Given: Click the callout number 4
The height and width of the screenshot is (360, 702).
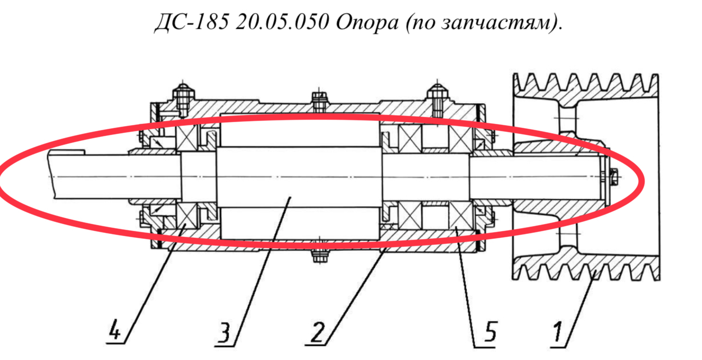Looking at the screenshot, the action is [115, 329].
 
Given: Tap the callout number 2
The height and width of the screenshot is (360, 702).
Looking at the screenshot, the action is [317, 331].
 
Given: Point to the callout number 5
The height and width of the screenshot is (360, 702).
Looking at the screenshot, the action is [490, 331].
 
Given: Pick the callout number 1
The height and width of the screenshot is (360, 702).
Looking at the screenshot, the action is [557, 331].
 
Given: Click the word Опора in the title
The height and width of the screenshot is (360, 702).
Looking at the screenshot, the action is [367, 22].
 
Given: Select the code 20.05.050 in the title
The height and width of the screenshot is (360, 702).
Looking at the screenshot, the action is [282, 22].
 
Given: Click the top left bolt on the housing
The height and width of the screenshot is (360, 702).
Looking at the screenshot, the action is [183, 98].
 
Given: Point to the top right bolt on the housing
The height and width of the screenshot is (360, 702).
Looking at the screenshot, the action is [438, 98].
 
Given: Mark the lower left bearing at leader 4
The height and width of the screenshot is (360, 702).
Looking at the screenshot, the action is [187, 216].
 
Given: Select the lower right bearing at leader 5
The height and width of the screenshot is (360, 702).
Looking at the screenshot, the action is [460, 216].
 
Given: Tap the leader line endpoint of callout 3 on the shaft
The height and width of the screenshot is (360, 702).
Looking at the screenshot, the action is [290, 198].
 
